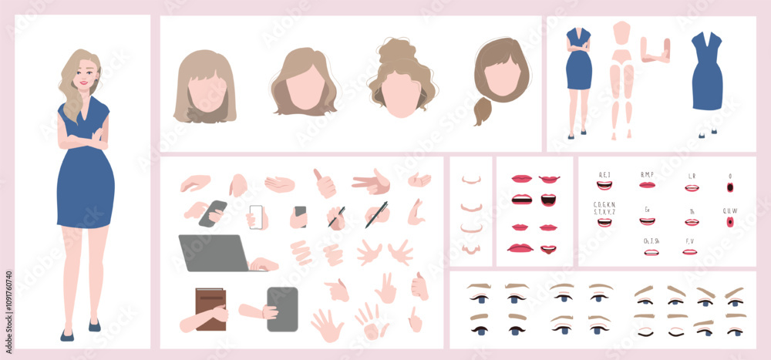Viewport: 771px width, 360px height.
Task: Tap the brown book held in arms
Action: point(210,308)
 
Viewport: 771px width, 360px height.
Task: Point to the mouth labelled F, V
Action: point(690,251)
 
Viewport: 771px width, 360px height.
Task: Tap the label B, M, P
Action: point(647,174)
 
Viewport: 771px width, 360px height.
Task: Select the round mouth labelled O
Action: point(730,187)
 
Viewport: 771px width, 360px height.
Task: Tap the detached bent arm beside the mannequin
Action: point(655,49)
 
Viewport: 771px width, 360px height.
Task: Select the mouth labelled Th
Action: point(692,222)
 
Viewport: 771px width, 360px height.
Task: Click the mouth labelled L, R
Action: point(692,187)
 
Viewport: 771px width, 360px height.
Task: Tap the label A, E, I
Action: point(604,174)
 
